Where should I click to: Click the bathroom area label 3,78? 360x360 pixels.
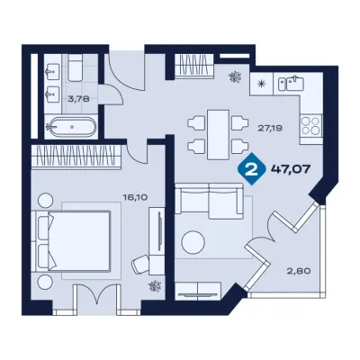tap(78, 99)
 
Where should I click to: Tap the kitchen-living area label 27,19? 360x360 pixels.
tap(270, 129)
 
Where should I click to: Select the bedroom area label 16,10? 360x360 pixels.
tap(134, 197)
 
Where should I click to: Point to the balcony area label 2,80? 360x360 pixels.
tap(300, 271)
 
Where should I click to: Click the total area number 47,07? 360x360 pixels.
tap(291, 169)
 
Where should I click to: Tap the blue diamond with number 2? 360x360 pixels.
tap(252, 168)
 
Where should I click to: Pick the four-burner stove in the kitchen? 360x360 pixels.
tap(310, 126)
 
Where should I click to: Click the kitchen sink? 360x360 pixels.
tap(292, 84)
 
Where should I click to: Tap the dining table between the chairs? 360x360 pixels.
tap(218, 134)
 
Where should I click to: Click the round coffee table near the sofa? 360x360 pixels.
tap(193, 242)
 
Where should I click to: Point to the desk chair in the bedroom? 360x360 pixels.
tap(140, 264)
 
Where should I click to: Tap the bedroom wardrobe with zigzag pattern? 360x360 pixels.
tap(76, 155)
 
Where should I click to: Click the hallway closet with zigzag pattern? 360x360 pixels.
tap(193, 66)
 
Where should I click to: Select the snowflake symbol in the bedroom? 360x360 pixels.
tap(156, 286)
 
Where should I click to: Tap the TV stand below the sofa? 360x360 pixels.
tap(198, 291)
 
